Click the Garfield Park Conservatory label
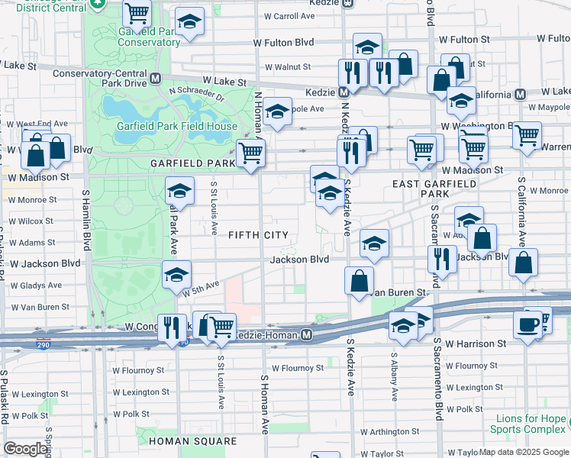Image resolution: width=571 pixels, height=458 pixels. pyautogui.click(x=149, y=37)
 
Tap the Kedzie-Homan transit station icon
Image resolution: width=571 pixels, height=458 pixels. pyautogui.click(x=306, y=335)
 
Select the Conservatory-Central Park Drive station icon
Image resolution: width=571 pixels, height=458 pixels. pyautogui.click(x=155, y=78)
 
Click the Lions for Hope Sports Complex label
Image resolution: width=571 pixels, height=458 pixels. pyautogui.click(x=529, y=424)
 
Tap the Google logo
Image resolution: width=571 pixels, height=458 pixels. pyautogui.click(x=25, y=449)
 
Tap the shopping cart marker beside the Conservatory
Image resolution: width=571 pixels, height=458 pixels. pyautogui.click(x=137, y=12)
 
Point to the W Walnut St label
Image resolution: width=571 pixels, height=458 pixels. pyautogui.click(x=287, y=67)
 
